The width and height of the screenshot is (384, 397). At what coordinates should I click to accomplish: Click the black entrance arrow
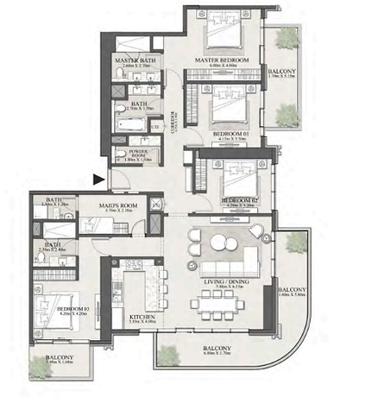pyautogui.click(x=100, y=180)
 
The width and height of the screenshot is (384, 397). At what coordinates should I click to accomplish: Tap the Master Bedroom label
pyautogui.click(x=221, y=60)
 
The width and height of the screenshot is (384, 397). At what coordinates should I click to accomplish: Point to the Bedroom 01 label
pyautogui.click(x=228, y=135)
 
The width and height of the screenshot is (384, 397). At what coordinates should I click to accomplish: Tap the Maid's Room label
pyautogui.click(x=114, y=205)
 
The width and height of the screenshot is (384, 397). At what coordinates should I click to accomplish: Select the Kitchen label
pyautogui.click(x=142, y=318)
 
